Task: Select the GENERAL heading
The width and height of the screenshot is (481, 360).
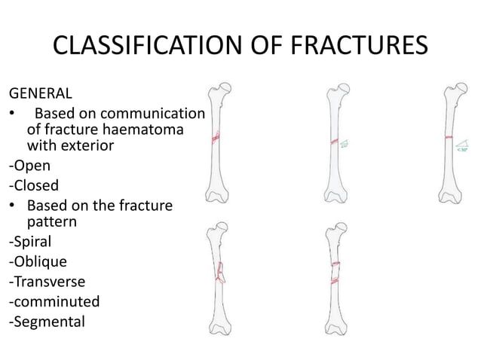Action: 41,94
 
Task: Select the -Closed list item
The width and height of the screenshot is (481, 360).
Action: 33,185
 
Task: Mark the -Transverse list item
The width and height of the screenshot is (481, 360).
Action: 47,282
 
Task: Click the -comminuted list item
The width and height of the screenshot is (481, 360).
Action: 54,301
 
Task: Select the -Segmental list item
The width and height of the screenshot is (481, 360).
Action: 47,321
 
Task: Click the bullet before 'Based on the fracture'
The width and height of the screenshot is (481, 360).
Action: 13,206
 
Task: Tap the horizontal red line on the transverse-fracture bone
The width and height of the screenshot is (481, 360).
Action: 448,139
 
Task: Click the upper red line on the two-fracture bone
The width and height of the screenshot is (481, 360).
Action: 334,264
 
